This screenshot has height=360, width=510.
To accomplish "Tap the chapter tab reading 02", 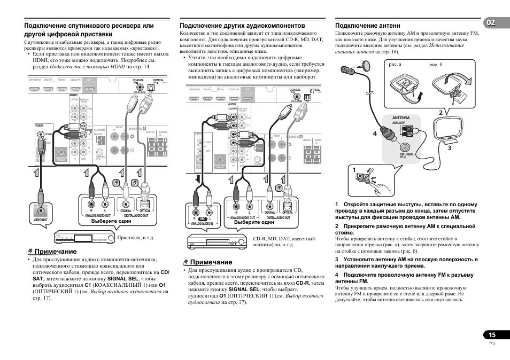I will (492, 24).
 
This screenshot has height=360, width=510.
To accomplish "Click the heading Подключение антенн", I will (367, 25).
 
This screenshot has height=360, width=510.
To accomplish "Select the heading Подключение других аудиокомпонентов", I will (243, 25).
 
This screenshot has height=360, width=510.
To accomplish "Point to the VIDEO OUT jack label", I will (41, 220).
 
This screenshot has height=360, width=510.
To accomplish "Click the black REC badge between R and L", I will (202, 219).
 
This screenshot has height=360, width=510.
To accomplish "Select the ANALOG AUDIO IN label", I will (202, 224).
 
